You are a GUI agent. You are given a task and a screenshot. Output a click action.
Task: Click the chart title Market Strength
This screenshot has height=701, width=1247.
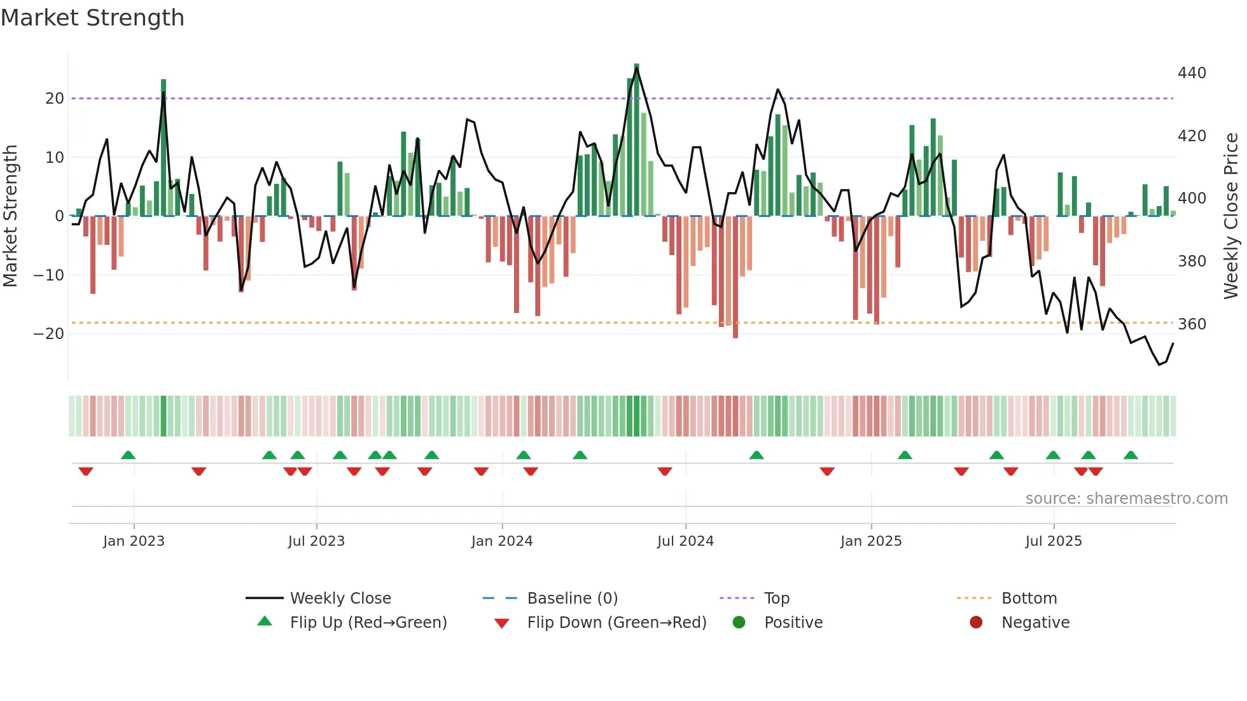coord(92,18)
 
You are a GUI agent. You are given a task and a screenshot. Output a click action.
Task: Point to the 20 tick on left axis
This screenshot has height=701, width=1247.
coord(55,99)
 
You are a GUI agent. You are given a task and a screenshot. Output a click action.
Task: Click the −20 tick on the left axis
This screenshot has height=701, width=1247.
coord(49,334)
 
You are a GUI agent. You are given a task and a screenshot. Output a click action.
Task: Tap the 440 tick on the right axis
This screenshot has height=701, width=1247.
coord(1192,73)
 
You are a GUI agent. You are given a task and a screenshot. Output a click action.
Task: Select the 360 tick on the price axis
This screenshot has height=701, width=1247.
coord(1192,324)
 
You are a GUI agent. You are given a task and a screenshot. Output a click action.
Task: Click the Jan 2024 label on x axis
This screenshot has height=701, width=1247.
coord(502,541)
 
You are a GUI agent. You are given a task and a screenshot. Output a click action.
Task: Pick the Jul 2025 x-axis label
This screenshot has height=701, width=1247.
coord(1054,541)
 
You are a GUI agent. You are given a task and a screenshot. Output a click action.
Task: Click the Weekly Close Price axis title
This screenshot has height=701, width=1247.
coord(1231,216)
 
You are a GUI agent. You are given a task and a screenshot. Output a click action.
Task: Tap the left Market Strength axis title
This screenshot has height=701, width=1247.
coord(11,216)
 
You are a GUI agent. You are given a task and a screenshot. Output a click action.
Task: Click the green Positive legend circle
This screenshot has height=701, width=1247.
coord(739,622)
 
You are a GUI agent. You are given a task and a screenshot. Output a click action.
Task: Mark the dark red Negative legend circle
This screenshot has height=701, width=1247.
coord(976,622)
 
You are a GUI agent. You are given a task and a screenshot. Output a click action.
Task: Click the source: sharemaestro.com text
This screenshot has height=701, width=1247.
coord(1126,499)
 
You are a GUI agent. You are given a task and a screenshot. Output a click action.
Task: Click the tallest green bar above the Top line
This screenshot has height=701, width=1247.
coord(637,140)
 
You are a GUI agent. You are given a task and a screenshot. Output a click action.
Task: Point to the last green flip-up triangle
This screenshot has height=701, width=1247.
coord(1131,455)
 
